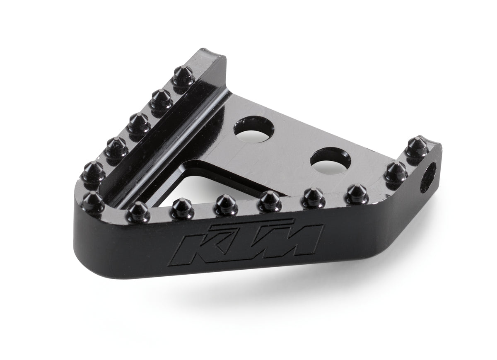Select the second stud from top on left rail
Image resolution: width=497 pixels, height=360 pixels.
(x=159, y=97)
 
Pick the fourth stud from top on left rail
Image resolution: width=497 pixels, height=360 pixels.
(x=115, y=145)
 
